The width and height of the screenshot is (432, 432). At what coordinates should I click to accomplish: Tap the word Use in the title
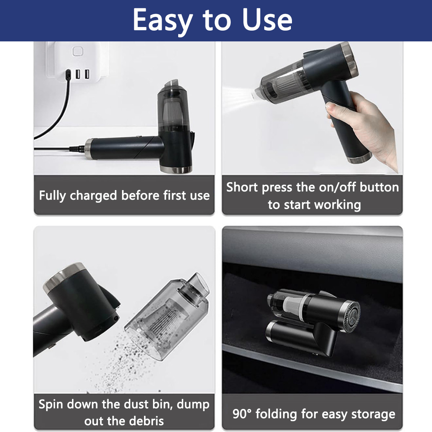tap(267, 20)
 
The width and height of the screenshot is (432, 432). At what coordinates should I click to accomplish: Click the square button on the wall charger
tap(77, 51)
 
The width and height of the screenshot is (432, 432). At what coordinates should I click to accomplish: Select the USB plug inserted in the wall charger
tap(68, 75)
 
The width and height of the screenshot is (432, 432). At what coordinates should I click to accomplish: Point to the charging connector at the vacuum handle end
tap(77, 148)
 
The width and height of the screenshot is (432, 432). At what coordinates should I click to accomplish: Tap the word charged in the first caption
tap(93, 196)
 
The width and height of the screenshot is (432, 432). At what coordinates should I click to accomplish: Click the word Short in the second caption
tap(242, 187)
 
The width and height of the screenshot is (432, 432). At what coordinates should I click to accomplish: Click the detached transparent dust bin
tap(167, 316)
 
